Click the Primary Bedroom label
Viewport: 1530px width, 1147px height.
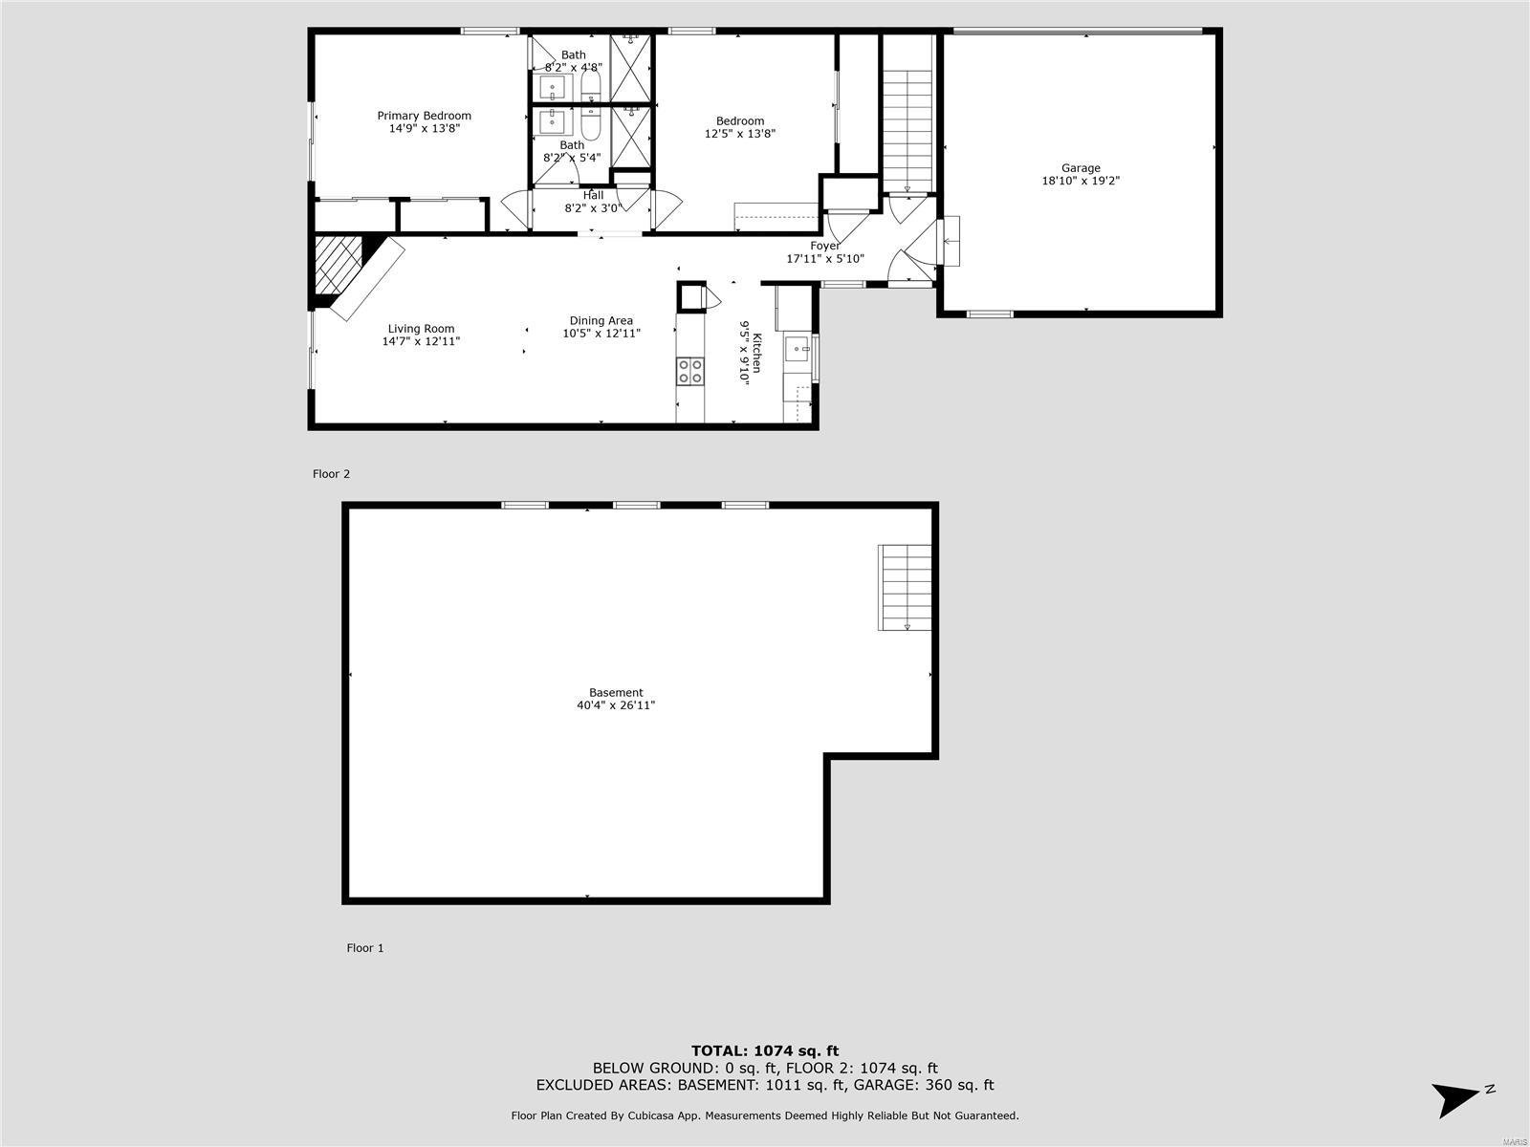tap(424, 116)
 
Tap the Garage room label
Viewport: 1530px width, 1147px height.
tap(1081, 168)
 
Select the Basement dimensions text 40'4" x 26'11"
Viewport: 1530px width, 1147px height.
tap(616, 705)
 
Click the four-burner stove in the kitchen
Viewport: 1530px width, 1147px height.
tap(690, 371)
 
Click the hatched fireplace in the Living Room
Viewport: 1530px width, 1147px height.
tap(339, 266)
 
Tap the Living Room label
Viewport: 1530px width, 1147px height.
tap(421, 329)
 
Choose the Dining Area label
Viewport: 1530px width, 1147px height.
tap(601, 321)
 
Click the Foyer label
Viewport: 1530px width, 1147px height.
tap(824, 246)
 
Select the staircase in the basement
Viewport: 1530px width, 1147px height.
tap(905, 588)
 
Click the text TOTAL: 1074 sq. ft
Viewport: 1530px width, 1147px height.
tap(765, 1050)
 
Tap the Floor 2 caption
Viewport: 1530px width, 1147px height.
tap(331, 474)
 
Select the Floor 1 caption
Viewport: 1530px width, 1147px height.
tap(365, 948)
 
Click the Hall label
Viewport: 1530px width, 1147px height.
tap(593, 196)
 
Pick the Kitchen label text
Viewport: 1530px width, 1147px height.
tap(757, 353)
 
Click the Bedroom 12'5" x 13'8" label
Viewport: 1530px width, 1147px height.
tap(739, 127)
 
